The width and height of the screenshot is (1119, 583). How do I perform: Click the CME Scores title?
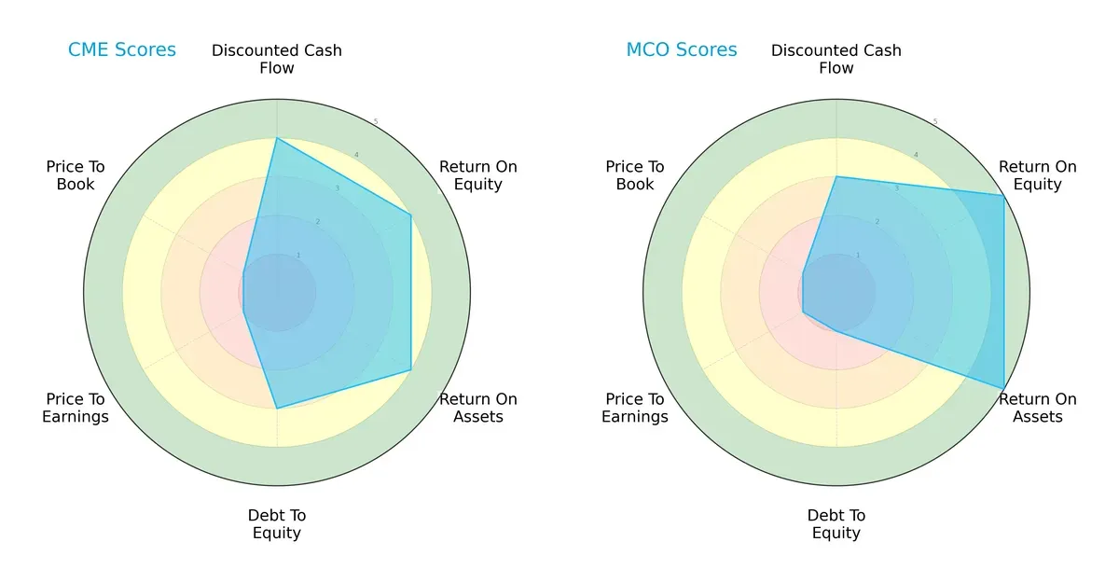(121, 50)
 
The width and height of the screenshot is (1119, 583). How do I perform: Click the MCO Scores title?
(681, 50)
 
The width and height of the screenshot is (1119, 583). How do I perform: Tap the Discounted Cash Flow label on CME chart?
(277, 59)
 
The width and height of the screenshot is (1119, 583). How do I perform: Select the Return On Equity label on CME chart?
(478, 175)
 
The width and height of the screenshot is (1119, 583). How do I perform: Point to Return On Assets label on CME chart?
(478, 408)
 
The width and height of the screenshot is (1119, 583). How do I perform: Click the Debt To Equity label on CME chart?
(277, 524)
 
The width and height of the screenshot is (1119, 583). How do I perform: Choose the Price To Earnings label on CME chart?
(76, 408)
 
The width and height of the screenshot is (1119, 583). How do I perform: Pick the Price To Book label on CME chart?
(76, 175)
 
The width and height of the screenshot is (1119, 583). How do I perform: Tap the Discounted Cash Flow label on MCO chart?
(836, 59)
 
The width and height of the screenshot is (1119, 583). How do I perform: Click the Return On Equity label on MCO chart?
(1038, 175)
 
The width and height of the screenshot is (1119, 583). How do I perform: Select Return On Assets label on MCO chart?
(1038, 408)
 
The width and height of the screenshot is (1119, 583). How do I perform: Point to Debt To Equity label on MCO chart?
(836, 524)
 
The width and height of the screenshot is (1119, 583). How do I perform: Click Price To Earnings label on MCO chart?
(635, 408)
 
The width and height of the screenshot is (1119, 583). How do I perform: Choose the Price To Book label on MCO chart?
(635, 175)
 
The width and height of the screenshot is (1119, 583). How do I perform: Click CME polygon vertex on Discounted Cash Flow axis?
(277, 139)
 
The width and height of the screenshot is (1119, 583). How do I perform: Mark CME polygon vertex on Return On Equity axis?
(411, 215)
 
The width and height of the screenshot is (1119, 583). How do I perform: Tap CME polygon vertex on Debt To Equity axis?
(277, 409)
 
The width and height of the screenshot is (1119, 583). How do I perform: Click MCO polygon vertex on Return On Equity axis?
(1004, 196)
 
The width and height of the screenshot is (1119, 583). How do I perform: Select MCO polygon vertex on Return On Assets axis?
(1004, 388)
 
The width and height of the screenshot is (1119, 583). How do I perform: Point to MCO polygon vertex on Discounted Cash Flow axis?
(836, 177)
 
